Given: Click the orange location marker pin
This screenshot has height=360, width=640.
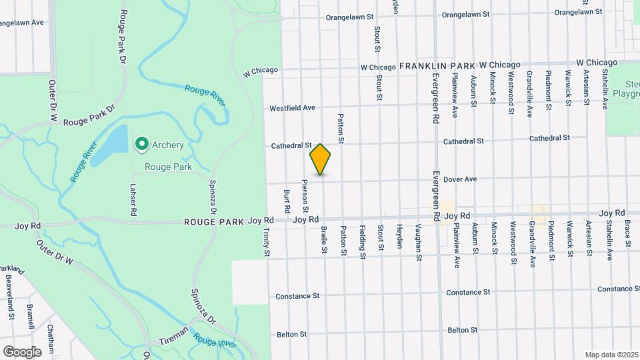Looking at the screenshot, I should pyautogui.click(x=321, y=159).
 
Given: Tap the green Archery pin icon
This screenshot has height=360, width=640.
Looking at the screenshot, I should pyautogui.click(x=141, y=143).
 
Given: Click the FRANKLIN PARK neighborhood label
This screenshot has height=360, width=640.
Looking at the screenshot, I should pyautogui.click(x=437, y=65).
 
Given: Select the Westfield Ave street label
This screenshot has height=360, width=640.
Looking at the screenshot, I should pyautogui.click(x=292, y=107).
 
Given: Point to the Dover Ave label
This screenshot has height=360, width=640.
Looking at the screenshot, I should pyautogui.click(x=461, y=179).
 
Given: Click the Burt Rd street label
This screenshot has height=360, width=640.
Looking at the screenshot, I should pyautogui.click(x=287, y=201).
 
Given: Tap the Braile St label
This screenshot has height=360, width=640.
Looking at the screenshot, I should pyautogui.click(x=324, y=239).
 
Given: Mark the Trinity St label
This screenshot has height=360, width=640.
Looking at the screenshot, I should pyautogui.click(x=266, y=243).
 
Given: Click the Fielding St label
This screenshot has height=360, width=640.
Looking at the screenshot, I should pyautogui.click(x=363, y=242).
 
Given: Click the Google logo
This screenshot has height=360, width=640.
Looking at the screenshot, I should pyautogui.click(x=22, y=351).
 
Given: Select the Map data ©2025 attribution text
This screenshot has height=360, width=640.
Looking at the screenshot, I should pyautogui.click(x=611, y=355).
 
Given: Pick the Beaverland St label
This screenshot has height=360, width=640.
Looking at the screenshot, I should pyautogui.click(x=10, y=296).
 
